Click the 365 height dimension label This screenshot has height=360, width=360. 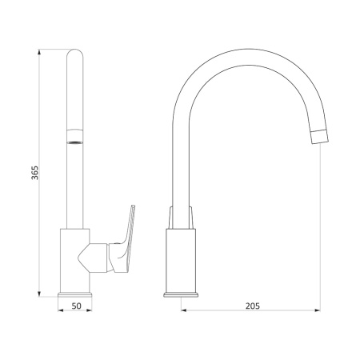[35, 173]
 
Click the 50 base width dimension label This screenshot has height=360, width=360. [76, 306]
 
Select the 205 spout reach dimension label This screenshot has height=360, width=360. [252, 306]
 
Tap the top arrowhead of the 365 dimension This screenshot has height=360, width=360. [39, 52]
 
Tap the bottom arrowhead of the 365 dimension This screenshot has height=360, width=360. [39, 294]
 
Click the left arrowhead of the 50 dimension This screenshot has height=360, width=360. [61, 310]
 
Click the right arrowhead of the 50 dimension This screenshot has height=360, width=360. [89, 310]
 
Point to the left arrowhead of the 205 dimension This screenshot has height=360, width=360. [184, 310]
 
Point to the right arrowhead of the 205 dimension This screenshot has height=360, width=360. [318, 310]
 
